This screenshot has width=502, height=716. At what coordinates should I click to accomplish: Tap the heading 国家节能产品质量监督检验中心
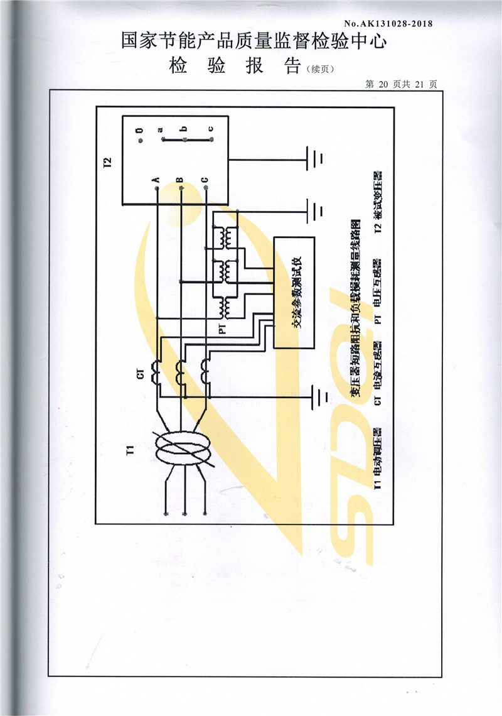tap(254, 42)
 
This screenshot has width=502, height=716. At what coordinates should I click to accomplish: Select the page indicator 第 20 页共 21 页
tap(401, 84)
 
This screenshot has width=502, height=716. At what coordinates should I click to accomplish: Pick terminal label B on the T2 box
tap(180, 179)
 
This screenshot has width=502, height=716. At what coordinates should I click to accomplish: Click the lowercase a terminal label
tap(161, 130)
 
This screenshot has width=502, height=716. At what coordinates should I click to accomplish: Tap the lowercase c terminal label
tap(211, 130)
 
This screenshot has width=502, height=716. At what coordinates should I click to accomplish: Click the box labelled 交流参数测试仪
tap(294, 293)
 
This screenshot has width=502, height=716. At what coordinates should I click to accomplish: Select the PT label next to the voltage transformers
tap(222, 328)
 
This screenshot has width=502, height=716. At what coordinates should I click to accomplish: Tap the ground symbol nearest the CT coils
tap(321, 396)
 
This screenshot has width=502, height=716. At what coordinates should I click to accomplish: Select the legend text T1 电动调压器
tap(377, 459)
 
